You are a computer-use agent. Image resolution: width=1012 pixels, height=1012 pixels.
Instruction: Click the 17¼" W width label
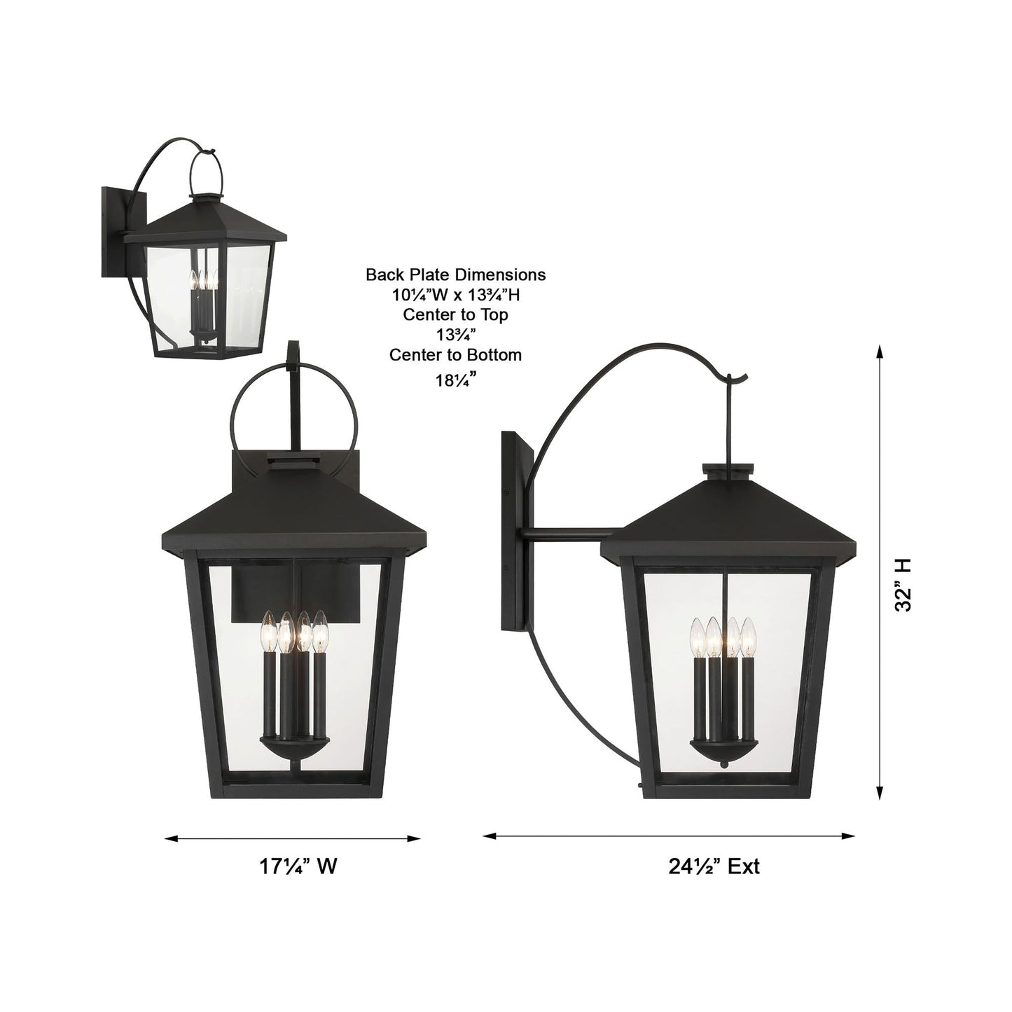[x=298, y=866]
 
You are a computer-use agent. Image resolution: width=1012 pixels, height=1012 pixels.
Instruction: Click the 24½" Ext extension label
[x=714, y=866]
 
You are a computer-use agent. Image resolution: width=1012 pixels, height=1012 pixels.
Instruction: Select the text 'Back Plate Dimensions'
[x=455, y=275]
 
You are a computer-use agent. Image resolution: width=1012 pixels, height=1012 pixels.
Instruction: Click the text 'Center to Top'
[x=455, y=314]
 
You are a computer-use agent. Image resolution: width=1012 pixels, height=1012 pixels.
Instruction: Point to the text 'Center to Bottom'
[x=455, y=355]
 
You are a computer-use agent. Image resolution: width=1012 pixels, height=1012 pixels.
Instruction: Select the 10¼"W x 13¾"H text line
[x=455, y=295]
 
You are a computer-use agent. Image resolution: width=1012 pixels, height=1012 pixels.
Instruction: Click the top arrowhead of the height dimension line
[x=879, y=351]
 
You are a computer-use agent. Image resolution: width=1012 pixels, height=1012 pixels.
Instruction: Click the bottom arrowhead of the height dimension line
[x=879, y=793]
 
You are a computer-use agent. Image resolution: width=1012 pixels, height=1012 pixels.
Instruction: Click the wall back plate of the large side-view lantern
[x=516, y=532]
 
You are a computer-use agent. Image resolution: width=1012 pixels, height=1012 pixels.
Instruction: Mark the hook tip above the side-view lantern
[x=730, y=379]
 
